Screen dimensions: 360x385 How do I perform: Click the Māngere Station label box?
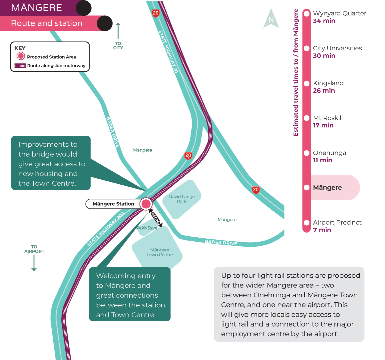113,204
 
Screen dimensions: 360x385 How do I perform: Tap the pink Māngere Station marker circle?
146,204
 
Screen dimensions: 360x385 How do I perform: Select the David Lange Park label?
182,199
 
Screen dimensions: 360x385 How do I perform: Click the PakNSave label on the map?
147,228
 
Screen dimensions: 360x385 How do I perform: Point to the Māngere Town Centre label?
160,252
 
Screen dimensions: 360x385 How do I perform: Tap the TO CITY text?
118,46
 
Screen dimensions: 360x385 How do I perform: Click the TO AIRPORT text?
34,249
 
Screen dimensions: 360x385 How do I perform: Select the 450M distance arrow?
156,218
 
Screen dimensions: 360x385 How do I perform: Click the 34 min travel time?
324,21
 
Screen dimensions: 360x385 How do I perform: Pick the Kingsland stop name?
328,83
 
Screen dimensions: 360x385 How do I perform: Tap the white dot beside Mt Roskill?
307,118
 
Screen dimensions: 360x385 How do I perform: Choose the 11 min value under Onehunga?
322,160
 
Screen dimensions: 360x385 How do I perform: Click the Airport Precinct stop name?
337,222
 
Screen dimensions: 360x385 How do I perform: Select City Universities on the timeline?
337,48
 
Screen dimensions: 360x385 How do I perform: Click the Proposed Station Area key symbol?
21,56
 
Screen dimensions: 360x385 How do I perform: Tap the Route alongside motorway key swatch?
20,66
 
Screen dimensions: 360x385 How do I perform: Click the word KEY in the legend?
20,48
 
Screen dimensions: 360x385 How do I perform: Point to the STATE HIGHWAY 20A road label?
106,229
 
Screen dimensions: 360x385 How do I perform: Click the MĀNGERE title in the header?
36,8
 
